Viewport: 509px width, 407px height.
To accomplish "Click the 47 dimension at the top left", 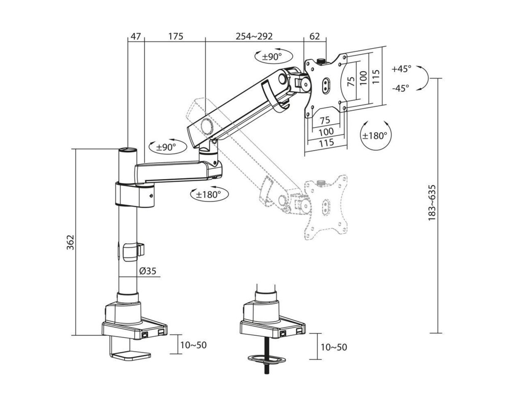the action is (135, 36).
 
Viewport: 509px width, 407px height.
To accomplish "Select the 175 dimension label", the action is (176, 36).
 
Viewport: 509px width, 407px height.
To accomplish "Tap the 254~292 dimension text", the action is (254, 36).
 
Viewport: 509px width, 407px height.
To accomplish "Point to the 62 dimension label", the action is (315, 36).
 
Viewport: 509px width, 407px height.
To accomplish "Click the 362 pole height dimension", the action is (70, 243).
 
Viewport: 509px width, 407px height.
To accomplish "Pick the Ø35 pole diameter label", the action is (148, 271).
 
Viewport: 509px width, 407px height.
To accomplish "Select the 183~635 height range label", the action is (432, 203).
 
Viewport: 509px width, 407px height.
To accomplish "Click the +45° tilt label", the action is (401, 69).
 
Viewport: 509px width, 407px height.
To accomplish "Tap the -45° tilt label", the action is (401, 88).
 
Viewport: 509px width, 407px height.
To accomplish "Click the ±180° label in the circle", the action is (375, 135).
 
